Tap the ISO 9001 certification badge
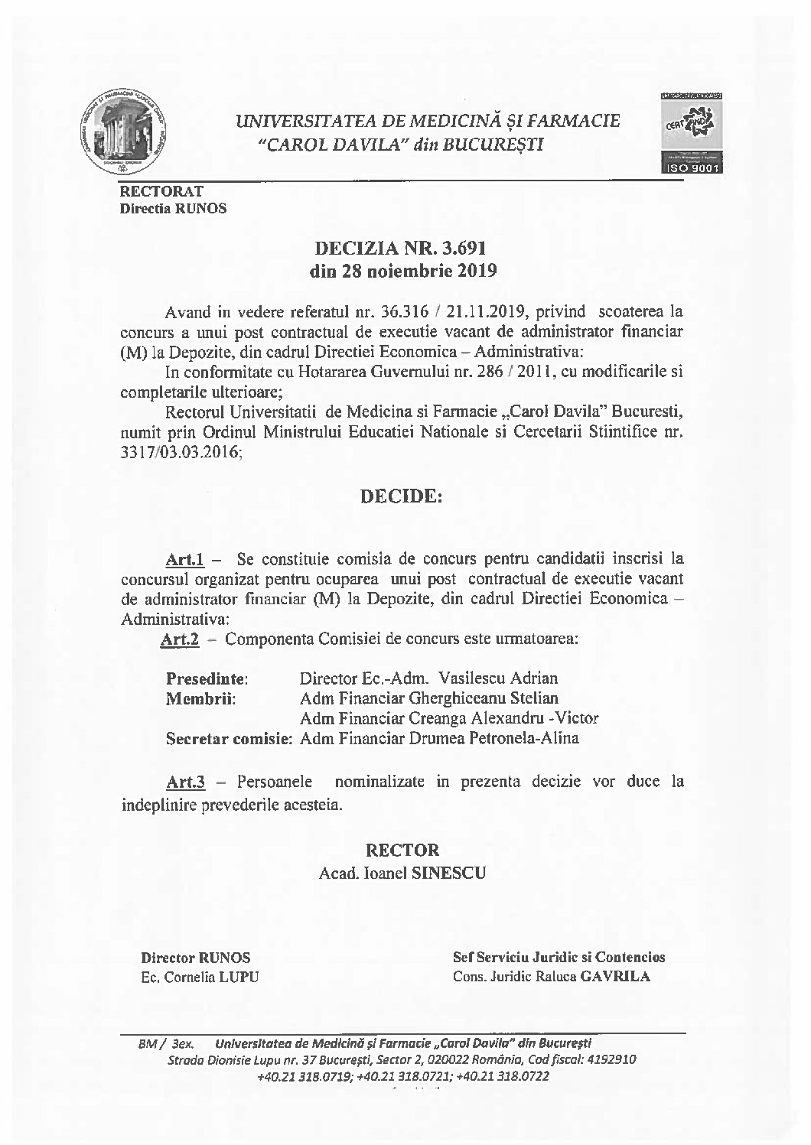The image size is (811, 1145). [692, 134]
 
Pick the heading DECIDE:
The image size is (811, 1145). [402, 497]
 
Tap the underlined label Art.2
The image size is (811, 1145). [180, 639]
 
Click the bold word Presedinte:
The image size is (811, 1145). [207, 678]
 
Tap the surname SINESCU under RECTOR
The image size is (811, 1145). [448, 873]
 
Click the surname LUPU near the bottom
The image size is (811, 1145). [239, 977]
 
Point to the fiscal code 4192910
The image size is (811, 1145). [610, 1060]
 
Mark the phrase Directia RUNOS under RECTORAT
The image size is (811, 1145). [173, 208]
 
